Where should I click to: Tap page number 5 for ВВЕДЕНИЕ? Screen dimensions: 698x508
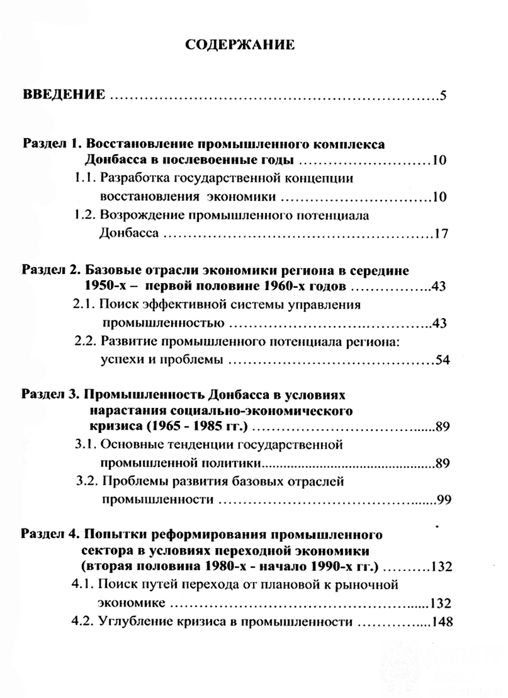pos(443,95)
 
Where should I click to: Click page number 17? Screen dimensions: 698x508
pos(441,233)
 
